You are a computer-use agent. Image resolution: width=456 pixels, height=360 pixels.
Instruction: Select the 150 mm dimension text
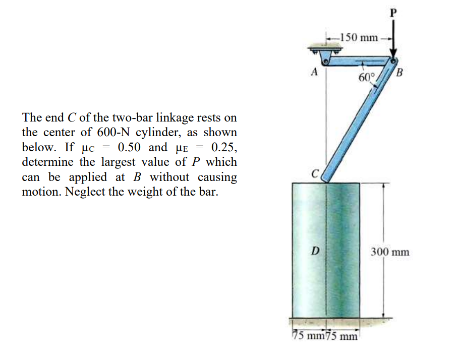tap(359, 37)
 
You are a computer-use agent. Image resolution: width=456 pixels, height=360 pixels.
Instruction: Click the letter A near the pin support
tap(314, 72)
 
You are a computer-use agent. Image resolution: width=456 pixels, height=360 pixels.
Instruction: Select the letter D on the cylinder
tap(314, 251)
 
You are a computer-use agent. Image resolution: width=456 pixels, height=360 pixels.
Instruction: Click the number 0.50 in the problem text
tap(128, 148)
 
